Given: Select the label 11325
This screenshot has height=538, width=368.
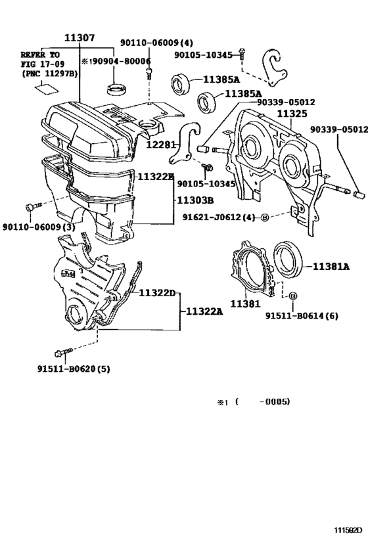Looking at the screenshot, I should pos(291,114).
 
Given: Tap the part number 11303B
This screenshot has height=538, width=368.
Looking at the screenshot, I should pos(195,200).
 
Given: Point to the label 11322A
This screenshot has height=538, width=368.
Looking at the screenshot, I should pos(203,311).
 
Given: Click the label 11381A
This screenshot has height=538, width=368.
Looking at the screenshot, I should pos(332,267).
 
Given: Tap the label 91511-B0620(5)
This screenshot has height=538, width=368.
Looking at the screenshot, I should pos(73,369).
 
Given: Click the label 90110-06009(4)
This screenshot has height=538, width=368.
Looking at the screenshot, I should pos(156,43).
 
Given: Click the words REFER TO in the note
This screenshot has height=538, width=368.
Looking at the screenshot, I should pos(41,54).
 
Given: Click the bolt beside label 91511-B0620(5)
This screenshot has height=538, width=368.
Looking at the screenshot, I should pos(63,353).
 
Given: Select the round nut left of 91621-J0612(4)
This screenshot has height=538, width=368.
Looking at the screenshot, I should pos(265,217).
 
